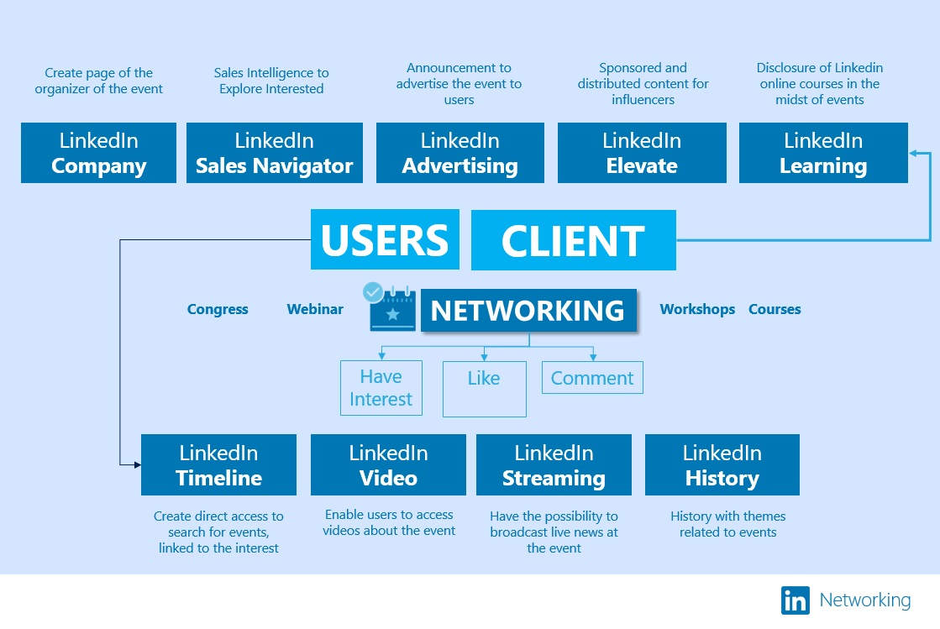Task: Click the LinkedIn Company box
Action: tap(98, 153)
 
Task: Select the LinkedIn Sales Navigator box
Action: tap(275, 153)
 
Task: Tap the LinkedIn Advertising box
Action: tap(459, 153)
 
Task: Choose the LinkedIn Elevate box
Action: tap(642, 153)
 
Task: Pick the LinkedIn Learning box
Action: tap(823, 153)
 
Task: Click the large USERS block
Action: tap(385, 240)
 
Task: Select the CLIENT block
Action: tap(573, 241)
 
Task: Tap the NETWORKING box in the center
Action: tap(528, 311)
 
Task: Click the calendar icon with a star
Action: tap(392, 310)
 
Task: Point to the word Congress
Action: tap(218, 309)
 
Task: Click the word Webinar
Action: tap(315, 309)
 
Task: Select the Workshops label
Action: tap(697, 309)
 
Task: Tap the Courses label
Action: tap(775, 309)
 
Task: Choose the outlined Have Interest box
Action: tap(381, 388)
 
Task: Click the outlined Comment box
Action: tap(592, 378)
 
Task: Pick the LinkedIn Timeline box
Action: tap(218, 465)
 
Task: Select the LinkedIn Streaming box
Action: tap(554, 465)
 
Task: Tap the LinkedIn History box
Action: tap(722, 465)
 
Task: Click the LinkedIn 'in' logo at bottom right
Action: tap(795, 600)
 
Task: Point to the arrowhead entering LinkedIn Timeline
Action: tap(136, 464)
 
